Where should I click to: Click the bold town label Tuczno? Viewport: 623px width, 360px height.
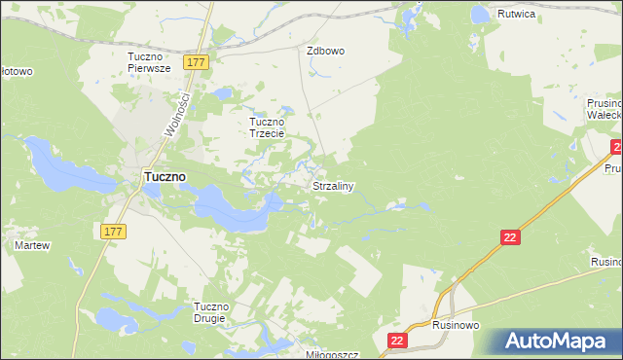tap(165, 177)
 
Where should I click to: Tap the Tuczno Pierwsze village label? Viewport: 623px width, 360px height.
tap(149, 62)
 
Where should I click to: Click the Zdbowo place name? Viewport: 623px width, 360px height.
tap(326, 51)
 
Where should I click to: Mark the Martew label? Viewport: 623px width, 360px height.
tap(32, 246)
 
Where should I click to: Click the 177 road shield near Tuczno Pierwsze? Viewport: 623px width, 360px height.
tap(197, 62)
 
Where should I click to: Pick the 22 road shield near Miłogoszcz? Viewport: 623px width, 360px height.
tap(396, 341)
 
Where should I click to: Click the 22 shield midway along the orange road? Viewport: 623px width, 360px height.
tap(511, 237)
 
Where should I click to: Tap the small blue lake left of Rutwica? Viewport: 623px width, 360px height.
tap(479, 15)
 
